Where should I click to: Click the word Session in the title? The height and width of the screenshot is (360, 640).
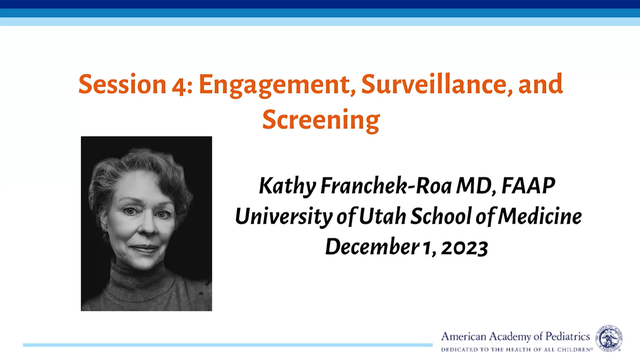coord(122,84)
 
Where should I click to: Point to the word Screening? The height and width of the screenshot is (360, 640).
coord(321,120)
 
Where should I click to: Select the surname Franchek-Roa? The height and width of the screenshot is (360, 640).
coord(386,186)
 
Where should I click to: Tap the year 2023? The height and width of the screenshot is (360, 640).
coord(464,248)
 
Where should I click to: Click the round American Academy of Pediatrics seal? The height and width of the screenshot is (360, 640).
coord(608,338)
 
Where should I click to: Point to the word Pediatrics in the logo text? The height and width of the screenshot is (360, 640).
coord(568,336)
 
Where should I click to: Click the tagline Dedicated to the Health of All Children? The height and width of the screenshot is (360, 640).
coord(517,349)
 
